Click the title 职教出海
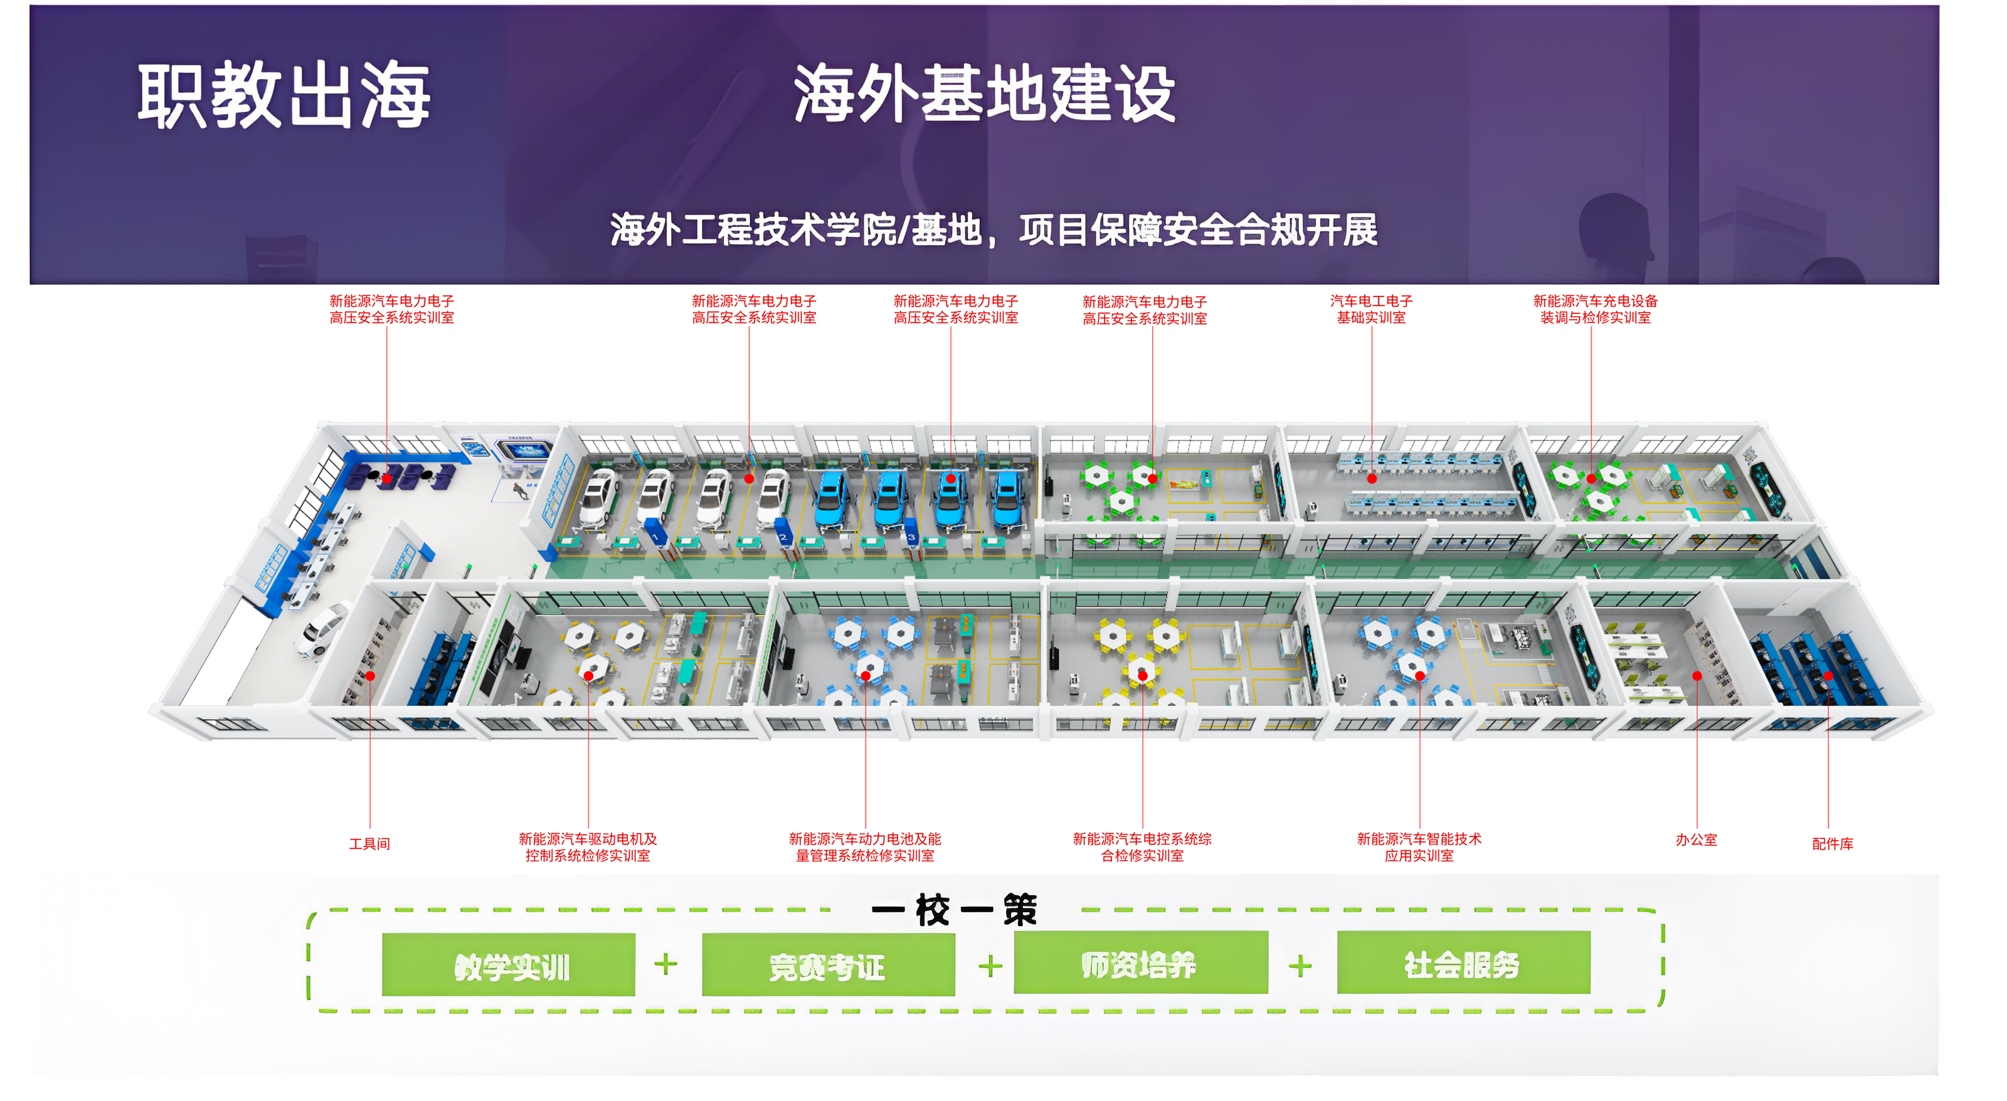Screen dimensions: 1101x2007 click(x=283, y=95)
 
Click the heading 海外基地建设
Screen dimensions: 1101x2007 click(x=984, y=93)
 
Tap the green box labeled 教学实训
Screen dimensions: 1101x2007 click(x=509, y=966)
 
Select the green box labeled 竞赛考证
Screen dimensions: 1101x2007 click(x=828, y=966)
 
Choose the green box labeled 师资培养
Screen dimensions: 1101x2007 click(x=1140, y=963)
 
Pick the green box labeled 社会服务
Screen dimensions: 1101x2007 click(x=1463, y=963)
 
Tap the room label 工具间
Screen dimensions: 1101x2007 click(x=369, y=844)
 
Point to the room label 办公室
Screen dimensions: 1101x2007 click(x=1696, y=840)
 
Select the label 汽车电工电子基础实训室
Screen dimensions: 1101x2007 click(x=1371, y=309)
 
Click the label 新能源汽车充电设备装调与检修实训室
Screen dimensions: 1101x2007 click(x=1595, y=309)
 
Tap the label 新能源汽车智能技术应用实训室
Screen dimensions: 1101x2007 click(x=1419, y=847)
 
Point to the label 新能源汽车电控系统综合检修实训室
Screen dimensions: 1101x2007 click(x=1141, y=847)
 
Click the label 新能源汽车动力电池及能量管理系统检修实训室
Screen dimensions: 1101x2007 click(x=865, y=847)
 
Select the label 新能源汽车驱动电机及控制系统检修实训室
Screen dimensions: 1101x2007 click(x=588, y=847)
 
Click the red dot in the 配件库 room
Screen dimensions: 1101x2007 click(x=1828, y=676)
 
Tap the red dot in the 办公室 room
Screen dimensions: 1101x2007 click(x=1697, y=676)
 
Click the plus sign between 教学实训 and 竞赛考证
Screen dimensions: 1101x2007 click(x=666, y=966)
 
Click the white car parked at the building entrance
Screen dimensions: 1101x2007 click(x=321, y=629)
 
